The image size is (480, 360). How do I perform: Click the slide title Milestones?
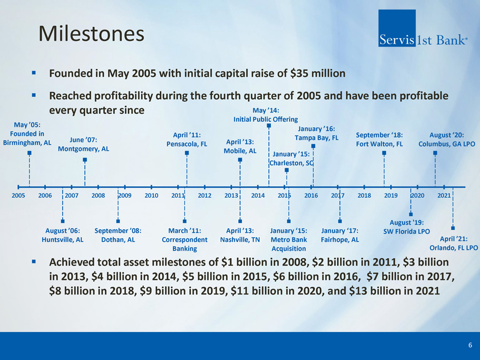[92, 34]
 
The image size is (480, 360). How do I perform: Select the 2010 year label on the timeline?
[151, 196]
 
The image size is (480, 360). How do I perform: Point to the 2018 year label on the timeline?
[365, 196]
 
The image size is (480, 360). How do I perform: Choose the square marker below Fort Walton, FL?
[384, 153]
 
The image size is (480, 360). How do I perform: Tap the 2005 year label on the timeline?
[18, 196]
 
